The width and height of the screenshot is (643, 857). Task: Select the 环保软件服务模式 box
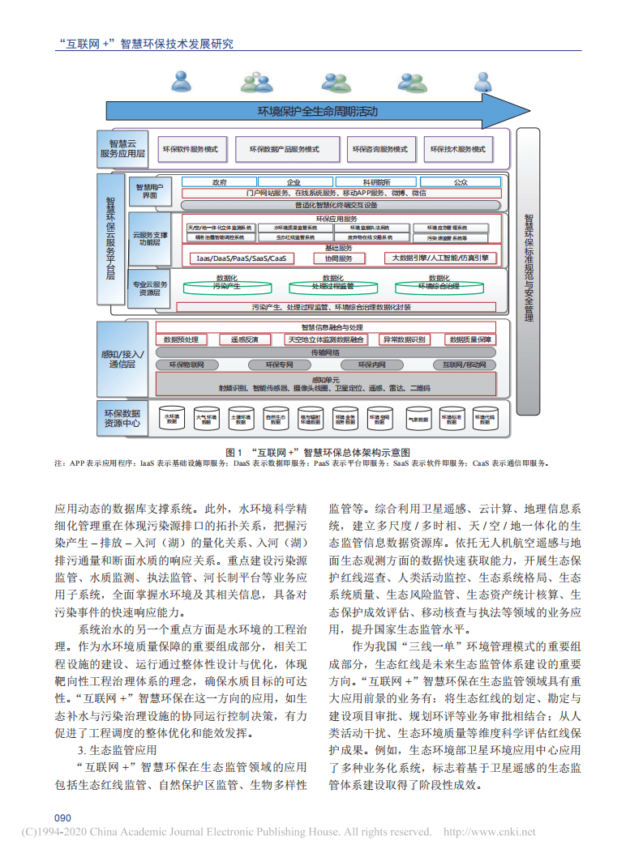[191, 149]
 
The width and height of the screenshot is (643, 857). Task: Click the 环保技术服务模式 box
[457, 149]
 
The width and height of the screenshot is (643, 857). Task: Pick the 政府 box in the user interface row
[218, 183]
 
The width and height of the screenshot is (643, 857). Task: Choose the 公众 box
[460, 183]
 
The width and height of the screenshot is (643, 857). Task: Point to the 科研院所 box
[375, 183]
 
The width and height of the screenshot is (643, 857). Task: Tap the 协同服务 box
[339, 258]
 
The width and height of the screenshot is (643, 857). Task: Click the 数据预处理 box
[181, 339]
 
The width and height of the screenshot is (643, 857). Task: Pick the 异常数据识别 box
[404, 339]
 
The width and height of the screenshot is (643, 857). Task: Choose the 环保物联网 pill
[188, 365]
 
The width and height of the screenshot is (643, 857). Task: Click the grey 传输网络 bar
[325, 352]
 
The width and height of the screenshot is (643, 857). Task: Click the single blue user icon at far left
[182, 82]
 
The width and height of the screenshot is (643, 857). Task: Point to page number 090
[63, 816]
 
